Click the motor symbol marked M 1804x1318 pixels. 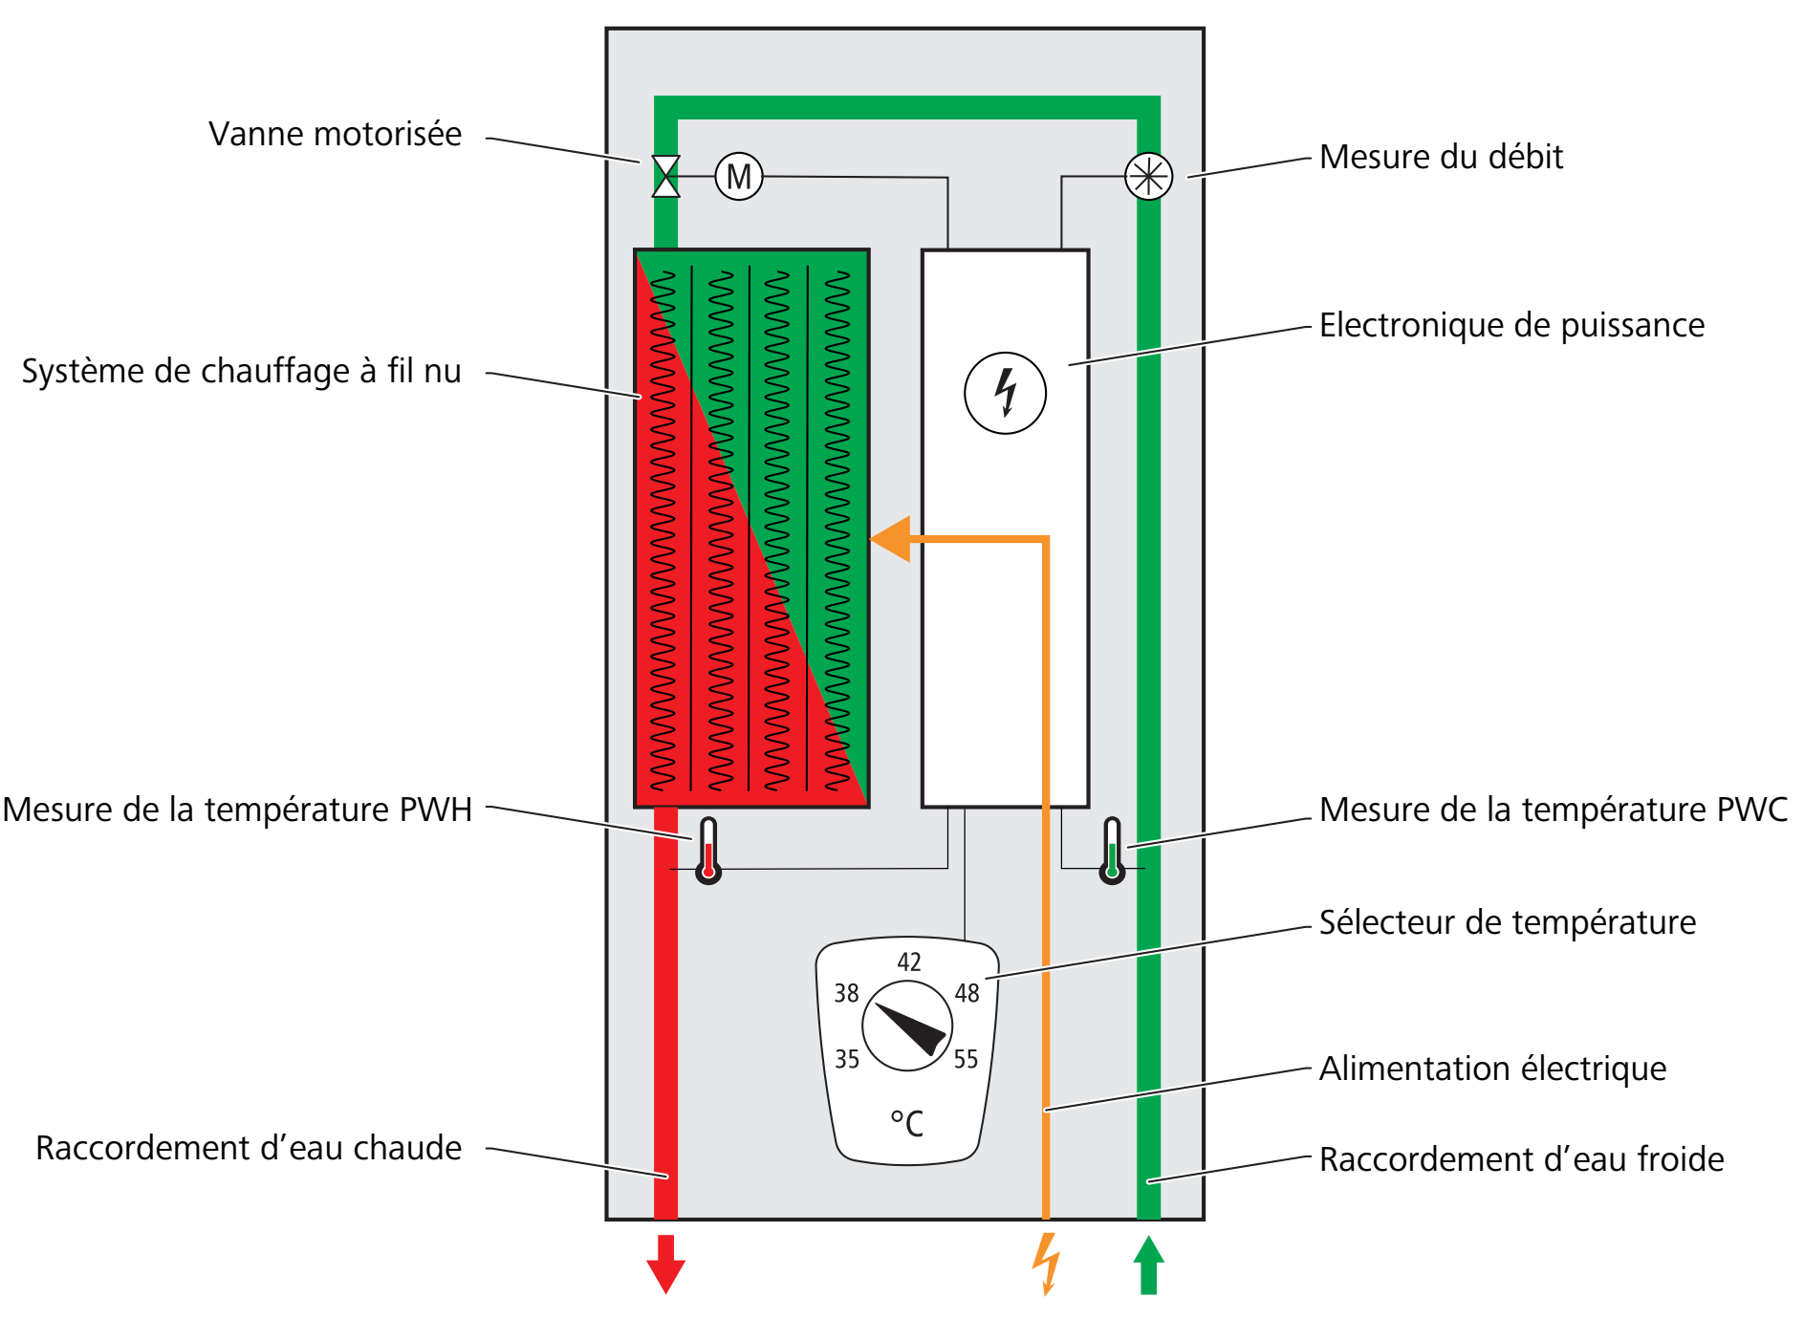click(739, 177)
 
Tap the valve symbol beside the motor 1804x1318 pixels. click(666, 177)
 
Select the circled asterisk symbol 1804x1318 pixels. click(1148, 177)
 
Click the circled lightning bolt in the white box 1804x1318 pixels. click(1005, 393)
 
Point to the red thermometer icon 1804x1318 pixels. click(708, 850)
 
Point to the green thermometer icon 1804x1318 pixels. click(1112, 850)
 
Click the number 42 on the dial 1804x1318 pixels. click(909, 961)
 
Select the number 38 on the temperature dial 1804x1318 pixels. click(846, 994)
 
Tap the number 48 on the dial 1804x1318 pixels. click(967, 994)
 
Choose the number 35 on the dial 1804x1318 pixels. click(847, 1059)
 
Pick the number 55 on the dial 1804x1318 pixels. click(966, 1059)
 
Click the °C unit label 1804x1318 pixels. click(907, 1123)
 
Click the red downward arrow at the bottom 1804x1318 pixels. click(666, 1265)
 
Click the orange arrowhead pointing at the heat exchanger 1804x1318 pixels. click(892, 539)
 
